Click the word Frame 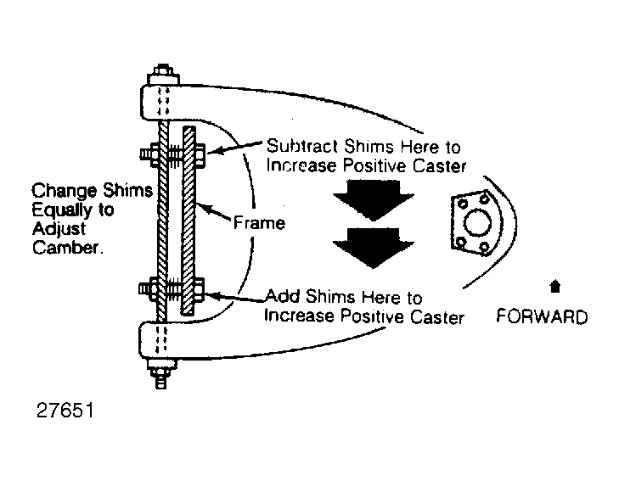point(259,223)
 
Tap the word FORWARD point(542,317)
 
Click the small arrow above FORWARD point(555,286)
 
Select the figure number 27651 point(65,411)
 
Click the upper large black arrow point(373,200)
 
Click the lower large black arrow point(373,248)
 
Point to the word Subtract point(302,146)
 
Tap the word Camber point(68,248)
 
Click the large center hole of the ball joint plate point(477,223)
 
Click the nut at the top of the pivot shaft point(162,73)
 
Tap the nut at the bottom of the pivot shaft point(161,372)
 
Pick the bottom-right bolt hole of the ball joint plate point(485,248)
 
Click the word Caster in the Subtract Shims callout point(440,165)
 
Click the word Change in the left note point(64,192)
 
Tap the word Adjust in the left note point(59,229)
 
